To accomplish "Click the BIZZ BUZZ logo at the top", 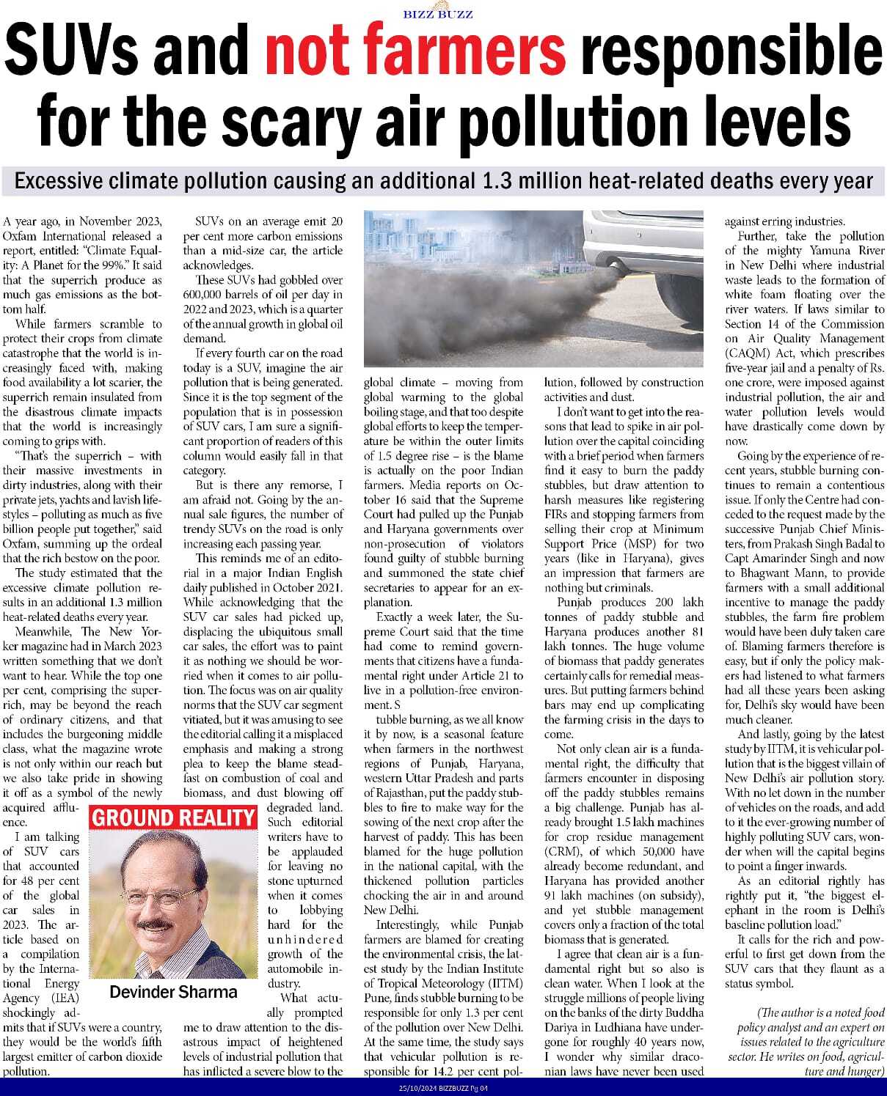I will [x=438, y=13].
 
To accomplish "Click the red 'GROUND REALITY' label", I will [x=173, y=818].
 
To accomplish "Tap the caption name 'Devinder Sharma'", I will [x=173, y=993].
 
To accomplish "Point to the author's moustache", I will [x=158, y=923].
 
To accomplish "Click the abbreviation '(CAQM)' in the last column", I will [x=747, y=353].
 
